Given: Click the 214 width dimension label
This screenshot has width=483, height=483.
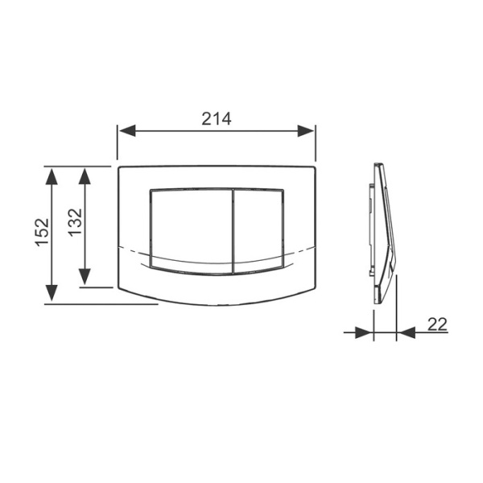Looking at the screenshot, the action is coord(217,118).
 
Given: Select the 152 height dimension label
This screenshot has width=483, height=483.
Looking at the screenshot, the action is coord(42,232).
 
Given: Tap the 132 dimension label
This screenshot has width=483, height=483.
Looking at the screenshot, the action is coord(75,223).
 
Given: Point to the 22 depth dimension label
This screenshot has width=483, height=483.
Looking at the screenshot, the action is coord(437,324).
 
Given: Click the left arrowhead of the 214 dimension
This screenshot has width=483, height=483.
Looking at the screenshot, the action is coord(127,131).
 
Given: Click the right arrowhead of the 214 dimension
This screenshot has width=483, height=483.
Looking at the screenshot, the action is coord(306,131).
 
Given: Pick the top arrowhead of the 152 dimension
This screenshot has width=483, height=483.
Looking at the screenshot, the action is coord(52,176).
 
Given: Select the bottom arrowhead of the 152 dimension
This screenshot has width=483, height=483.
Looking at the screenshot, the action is coord(52,293).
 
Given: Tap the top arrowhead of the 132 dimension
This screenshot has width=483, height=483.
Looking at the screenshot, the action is coord(85,176).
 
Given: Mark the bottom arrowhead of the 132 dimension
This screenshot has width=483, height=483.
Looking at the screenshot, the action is coord(85,277).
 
